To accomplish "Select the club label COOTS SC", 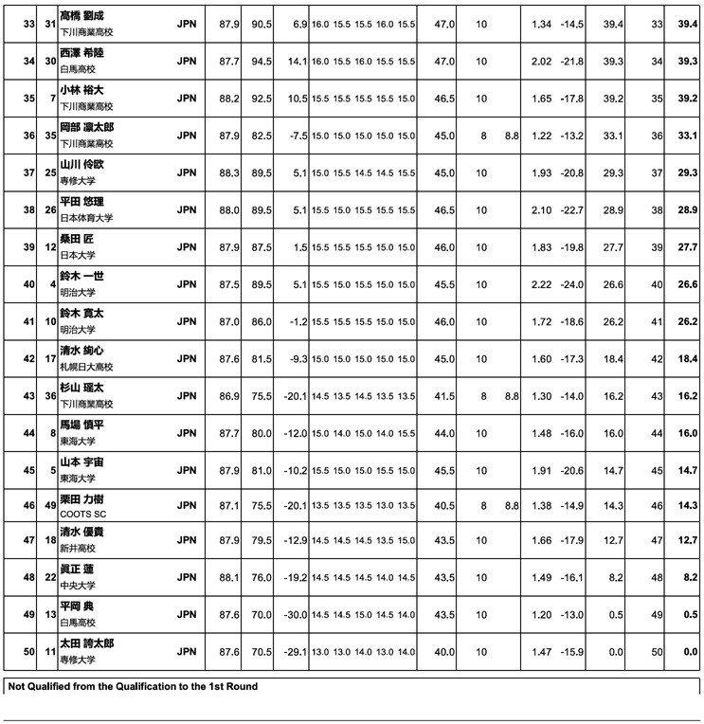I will click(83, 514).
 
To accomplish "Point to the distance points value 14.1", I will click(297, 62).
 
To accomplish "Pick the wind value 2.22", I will click(541, 283).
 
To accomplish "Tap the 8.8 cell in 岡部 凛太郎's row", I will click(513, 136).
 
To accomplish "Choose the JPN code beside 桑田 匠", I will click(187, 246).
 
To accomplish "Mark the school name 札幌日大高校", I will click(87, 366).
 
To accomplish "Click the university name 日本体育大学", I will click(85, 218).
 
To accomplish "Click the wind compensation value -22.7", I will click(571, 209).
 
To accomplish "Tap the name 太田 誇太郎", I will click(87, 643).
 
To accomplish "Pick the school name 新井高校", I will click(78, 551).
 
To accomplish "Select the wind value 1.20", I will click(541, 615).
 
